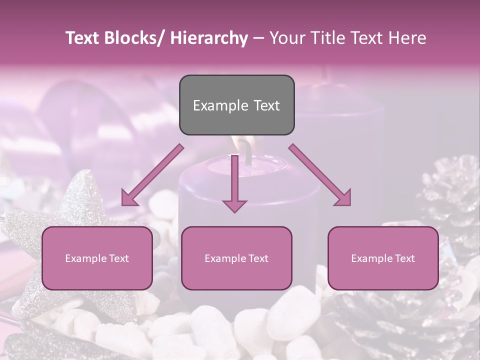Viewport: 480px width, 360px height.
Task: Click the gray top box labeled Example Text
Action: pyautogui.click(x=236, y=105)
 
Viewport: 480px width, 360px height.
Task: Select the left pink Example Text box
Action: pyautogui.click(x=97, y=258)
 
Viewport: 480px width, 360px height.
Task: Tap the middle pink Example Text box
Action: pyautogui.click(x=236, y=258)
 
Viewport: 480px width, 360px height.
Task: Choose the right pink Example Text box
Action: pyautogui.click(x=383, y=258)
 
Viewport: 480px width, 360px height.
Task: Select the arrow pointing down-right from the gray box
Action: pyautogui.click(x=320, y=175)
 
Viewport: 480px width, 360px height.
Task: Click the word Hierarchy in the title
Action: pyautogui.click(x=209, y=38)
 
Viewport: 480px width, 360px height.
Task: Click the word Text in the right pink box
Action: pyautogui.click(x=404, y=258)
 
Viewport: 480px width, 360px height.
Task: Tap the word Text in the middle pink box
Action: pyautogui.click(x=257, y=258)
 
